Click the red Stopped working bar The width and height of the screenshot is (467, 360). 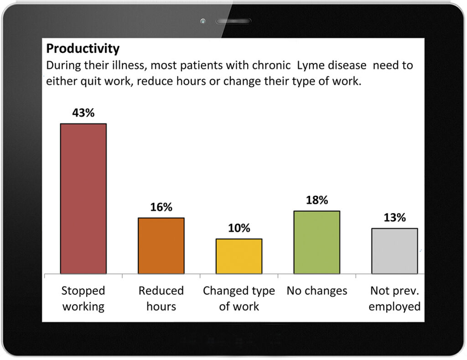(x=83, y=198)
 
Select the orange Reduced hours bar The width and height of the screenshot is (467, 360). (x=161, y=246)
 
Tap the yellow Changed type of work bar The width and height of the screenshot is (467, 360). (x=239, y=256)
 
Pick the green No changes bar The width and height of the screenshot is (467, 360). (x=317, y=242)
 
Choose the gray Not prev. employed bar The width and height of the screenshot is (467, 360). (x=394, y=251)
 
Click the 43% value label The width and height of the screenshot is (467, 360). (x=83, y=113)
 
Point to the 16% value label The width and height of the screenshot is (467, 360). (x=161, y=207)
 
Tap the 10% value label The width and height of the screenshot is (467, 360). (x=239, y=228)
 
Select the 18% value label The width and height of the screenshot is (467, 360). (x=317, y=200)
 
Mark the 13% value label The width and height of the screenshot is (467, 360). (x=394, y=218)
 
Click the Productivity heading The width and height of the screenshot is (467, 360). (x=83, y=48)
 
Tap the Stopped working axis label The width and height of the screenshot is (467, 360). (x=83, y=298)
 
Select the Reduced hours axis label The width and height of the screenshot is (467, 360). (x=161, y=298)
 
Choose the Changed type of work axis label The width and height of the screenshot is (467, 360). (x=239, y=298)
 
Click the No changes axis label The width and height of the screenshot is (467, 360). (x=317, y=291)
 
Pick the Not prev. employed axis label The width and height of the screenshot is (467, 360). (x=394, y=298)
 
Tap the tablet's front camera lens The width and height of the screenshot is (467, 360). (x=203, y=21)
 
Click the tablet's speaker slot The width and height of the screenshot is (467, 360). (x=233, y=21)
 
